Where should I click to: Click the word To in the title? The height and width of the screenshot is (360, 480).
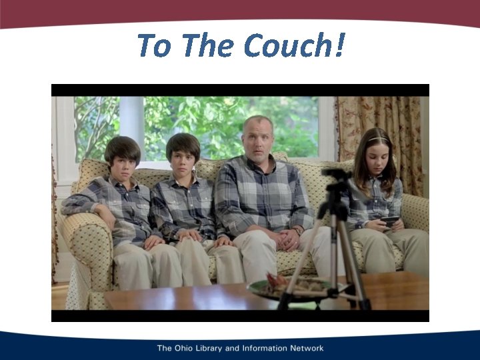(154, 45)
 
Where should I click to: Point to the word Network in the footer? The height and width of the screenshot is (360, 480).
(304, 348)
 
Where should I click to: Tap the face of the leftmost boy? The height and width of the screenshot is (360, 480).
(123, 160)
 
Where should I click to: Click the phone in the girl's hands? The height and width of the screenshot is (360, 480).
(390, 220)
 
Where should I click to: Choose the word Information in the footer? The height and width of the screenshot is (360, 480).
(266, 348)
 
